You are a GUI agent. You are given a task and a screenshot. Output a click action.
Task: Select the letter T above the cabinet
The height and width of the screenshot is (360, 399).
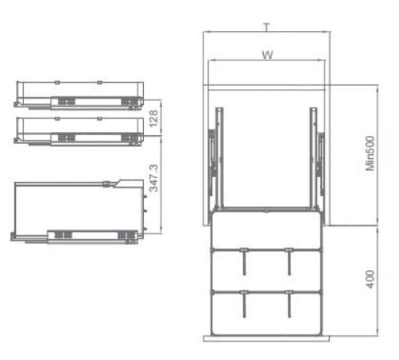click(x=267, y=27)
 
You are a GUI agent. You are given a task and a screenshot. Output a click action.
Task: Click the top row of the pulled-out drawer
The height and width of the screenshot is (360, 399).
click(x=265, y=231)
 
